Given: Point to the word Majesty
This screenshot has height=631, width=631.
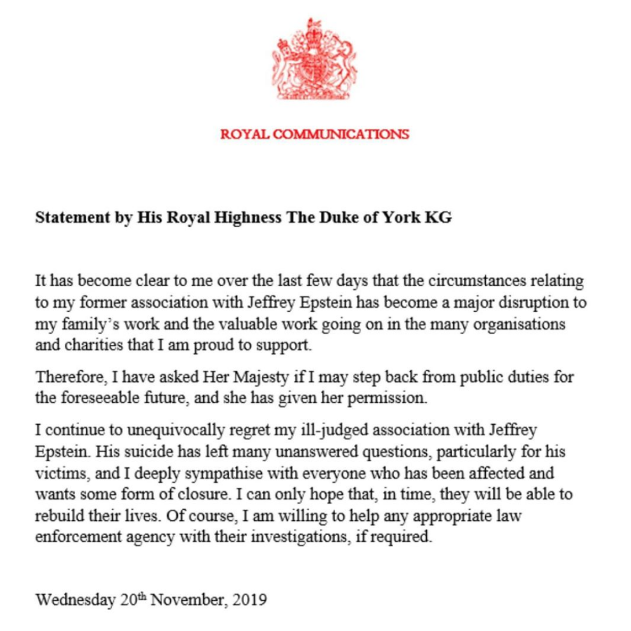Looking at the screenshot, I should point(254,377).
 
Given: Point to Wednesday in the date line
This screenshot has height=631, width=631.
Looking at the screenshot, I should point(75,600).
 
